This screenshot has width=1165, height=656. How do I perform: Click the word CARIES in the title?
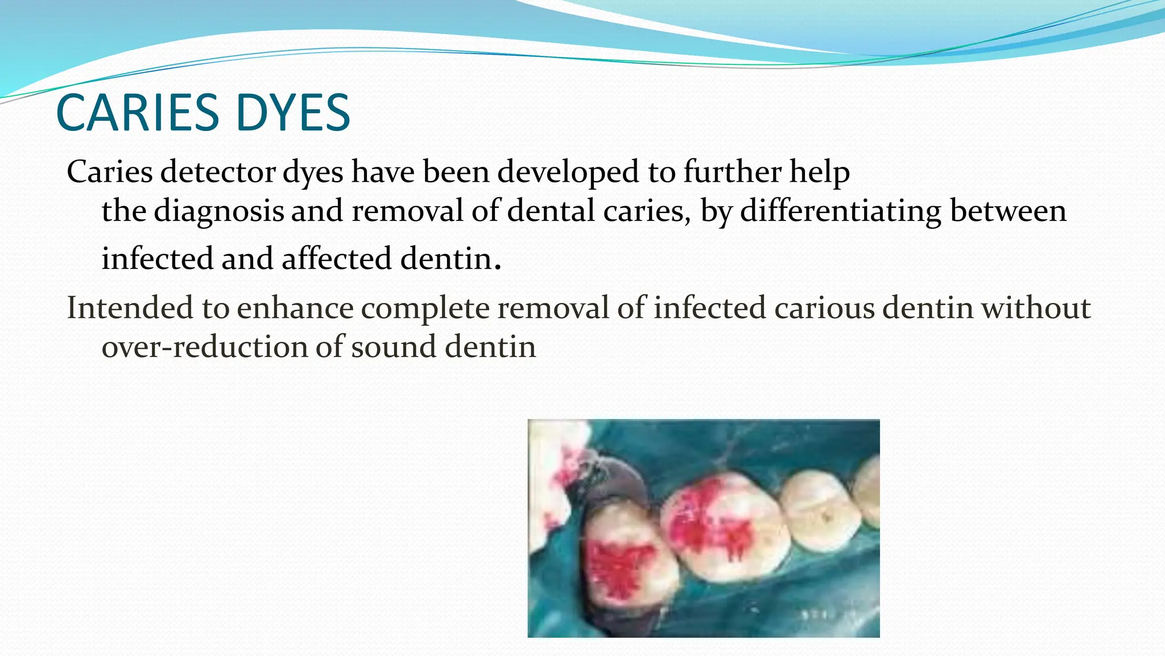(137, 113)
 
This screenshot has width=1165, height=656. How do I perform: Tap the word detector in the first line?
(218, 171)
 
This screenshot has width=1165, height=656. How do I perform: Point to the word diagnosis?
(219, 211)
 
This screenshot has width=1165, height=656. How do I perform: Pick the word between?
(1008, 211)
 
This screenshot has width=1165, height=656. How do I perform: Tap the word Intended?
(130, 308)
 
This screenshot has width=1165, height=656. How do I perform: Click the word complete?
(425, 308)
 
